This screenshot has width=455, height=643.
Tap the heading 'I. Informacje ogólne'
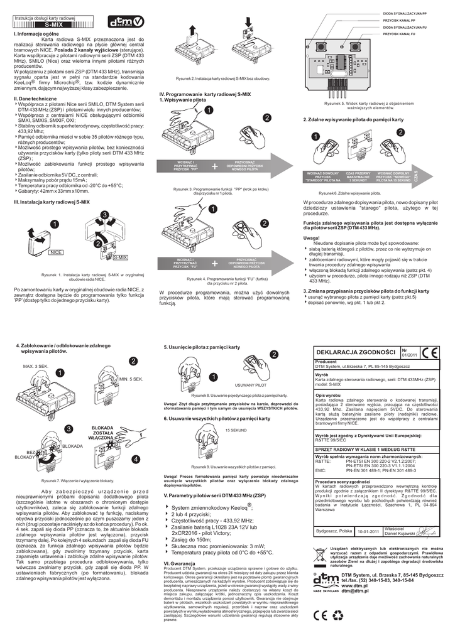pos(36,33)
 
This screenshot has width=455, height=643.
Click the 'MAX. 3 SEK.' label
pos(36,366)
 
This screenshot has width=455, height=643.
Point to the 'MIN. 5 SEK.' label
pos(131,379)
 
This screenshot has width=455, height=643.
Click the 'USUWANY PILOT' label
pos(250,384)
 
